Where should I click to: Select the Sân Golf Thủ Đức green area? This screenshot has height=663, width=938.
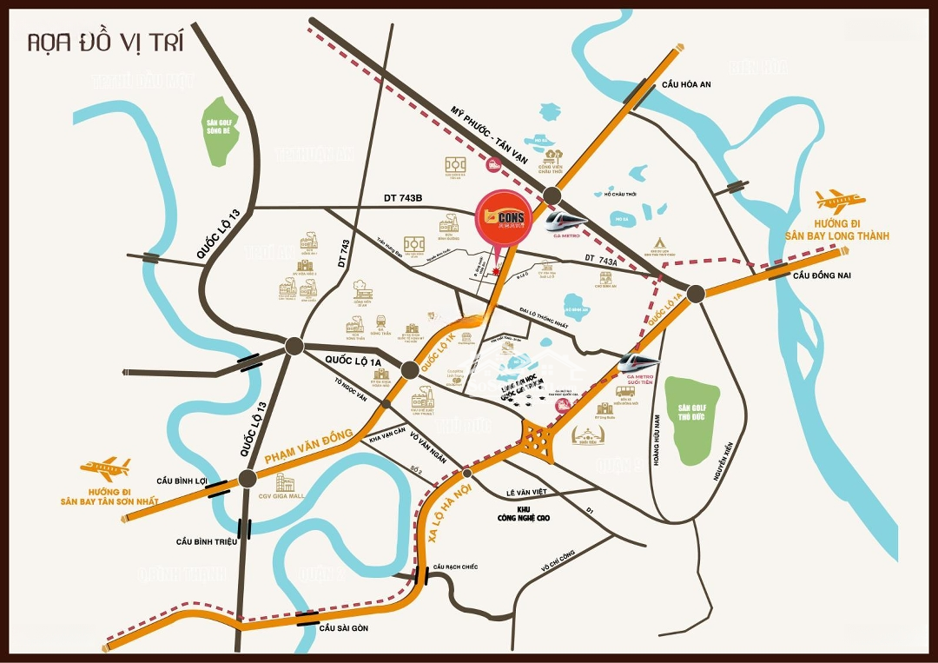(691, 421)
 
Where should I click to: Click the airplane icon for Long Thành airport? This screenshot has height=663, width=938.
(836, 202)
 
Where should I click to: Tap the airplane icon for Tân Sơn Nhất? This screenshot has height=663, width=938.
(105, 469)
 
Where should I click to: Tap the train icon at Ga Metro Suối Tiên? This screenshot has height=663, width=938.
(640, 361)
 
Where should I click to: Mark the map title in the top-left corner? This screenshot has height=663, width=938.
(105, 43)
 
